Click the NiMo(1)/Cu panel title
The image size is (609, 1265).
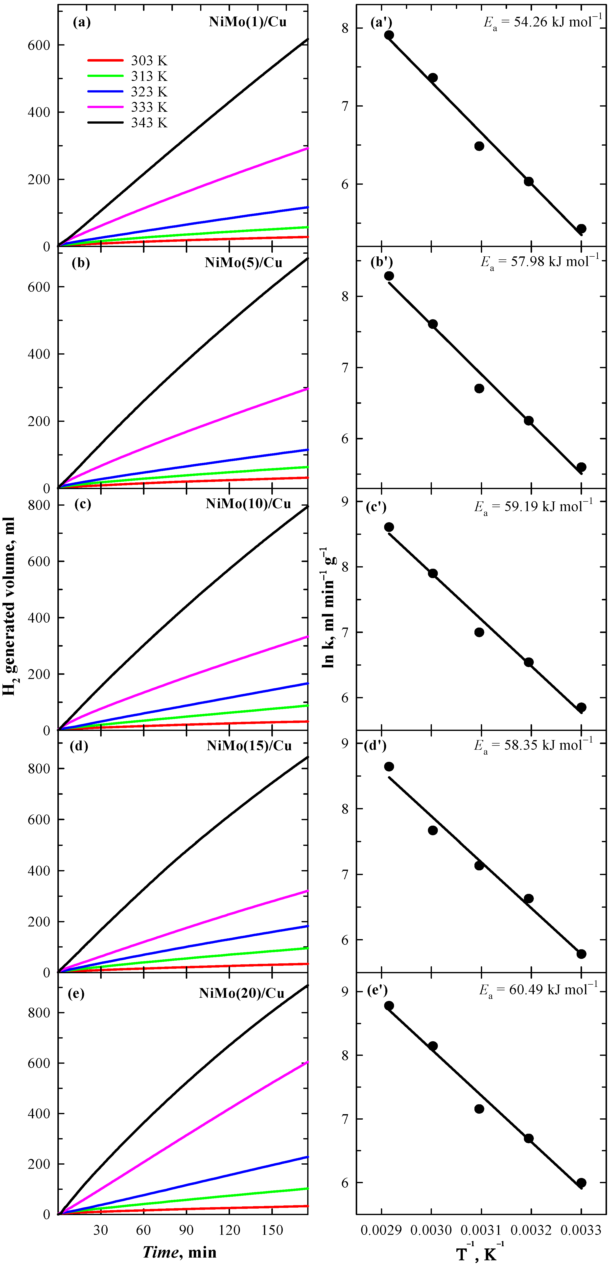(248, 22)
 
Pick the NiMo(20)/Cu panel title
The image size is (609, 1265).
(242, 993)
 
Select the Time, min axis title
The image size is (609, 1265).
(179, 1252)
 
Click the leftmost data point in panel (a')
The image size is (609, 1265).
(389, 35)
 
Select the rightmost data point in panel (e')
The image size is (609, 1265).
(581, 1182)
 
